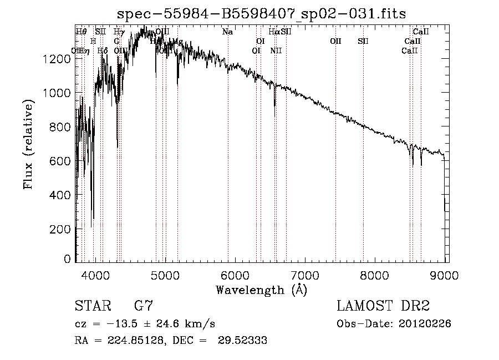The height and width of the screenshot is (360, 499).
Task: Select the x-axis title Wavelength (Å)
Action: [x=261, y=290]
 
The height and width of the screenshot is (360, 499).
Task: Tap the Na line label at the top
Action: [x=227, y=32]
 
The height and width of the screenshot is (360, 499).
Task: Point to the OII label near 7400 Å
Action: [x=335, y=41]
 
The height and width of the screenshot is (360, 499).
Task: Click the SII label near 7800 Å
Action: [x=363, y=41]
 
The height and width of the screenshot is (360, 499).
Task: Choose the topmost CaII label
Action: [x=421, y=32]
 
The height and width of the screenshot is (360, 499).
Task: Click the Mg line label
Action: [x=178, y=42]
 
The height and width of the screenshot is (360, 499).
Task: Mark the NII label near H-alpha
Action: [x=276, y=50]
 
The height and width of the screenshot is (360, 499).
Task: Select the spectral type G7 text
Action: [x=144, y=306]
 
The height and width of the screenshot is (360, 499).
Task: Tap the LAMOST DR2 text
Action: [x=383, y=306]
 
